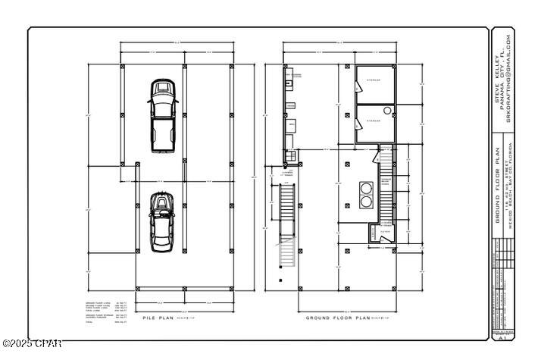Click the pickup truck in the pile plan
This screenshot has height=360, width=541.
(x=161, y=115)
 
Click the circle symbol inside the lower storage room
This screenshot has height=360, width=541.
(x=387, y=110)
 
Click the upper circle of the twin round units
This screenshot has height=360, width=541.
(x=367, y=187)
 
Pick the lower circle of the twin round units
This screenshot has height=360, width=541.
(x=367, y=202)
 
